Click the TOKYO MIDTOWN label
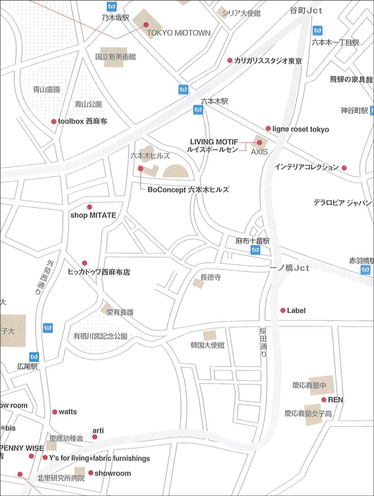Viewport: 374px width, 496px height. pos(179,33)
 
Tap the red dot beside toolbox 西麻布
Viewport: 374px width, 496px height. pos(54,122)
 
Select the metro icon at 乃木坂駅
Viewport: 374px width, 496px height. pos(111,7)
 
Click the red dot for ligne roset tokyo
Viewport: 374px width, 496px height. pos(268,128)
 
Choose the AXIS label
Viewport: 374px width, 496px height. pos(259,152)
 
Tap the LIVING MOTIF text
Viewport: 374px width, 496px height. pos(214,141)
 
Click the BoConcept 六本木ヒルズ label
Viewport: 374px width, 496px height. pos(188,190)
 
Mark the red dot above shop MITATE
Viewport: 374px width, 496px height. pos(89,207)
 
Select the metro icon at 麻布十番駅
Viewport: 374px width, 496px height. pos(255,250)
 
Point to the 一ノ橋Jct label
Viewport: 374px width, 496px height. pos(290,268)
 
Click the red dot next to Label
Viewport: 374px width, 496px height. pos(283,310)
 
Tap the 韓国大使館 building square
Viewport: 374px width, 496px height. pos(209,335)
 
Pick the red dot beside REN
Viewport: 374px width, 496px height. pos(324,400)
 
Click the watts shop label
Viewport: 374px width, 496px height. pos(68,412)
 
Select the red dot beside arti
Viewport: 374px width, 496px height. pos(95,437)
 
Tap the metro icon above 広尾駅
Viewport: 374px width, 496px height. pos(34,357)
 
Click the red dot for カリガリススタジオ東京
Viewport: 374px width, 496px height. pos(230,60)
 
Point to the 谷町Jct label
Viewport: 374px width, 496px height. pos(309,10)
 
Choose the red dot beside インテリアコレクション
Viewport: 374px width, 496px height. pos(344,168)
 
